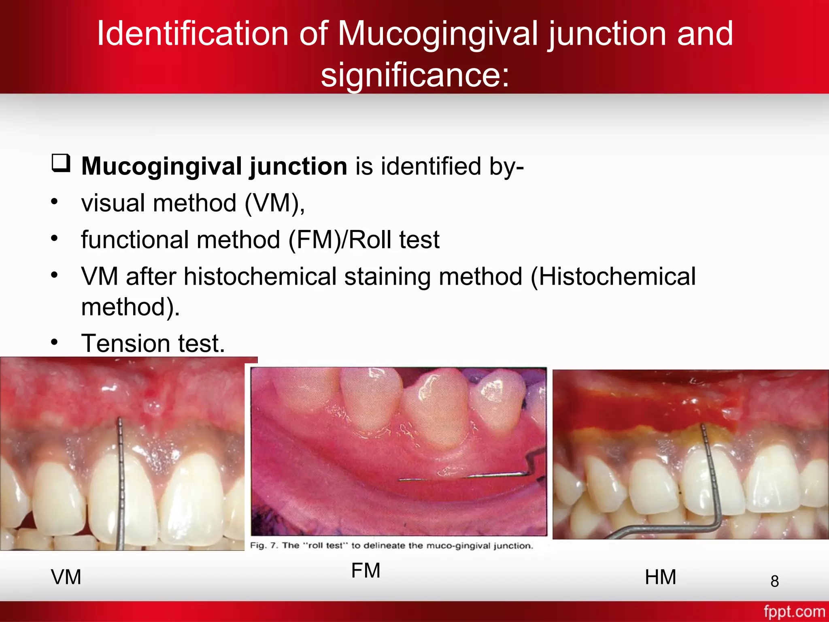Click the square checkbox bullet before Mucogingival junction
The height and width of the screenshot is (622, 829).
click(61, 164)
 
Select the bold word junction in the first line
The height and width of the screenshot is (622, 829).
click(298, 167)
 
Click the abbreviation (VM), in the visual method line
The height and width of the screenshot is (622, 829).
click(274, 203)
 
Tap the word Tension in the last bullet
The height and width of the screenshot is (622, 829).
click(125, 343)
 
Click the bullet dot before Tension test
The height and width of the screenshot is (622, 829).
click(55, 343)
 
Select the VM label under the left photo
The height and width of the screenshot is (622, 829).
click(66, 577)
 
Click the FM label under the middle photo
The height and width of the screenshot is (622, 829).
click(366, 571)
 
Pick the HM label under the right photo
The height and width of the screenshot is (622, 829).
click(660, 577)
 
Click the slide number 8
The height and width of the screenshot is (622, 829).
click(774, 581)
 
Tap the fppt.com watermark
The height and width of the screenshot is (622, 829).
click(794, 611)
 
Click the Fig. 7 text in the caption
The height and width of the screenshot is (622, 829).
click(264, 545)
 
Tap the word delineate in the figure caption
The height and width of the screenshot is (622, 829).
click(384, 545)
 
